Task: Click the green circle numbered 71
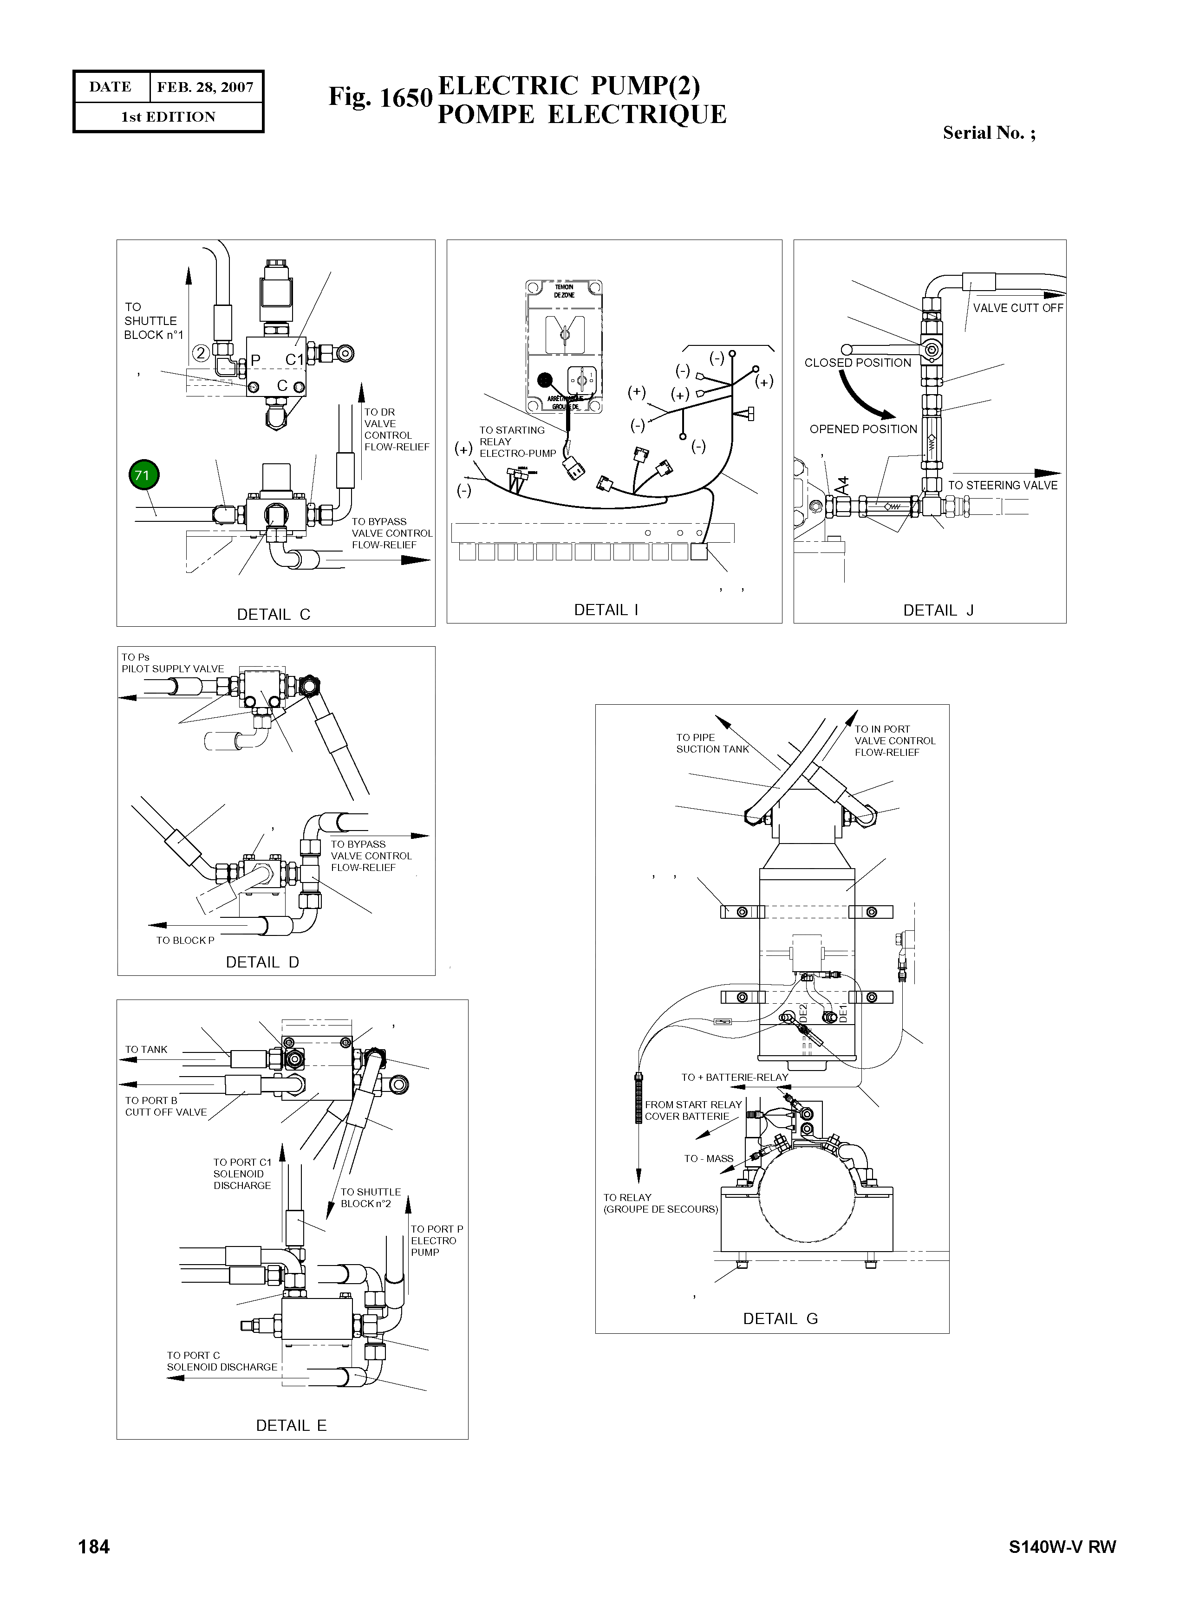[143, 475]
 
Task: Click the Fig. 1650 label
[380, 97]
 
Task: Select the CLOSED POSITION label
[857, 363]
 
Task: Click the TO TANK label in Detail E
[146, 1050]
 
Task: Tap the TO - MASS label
[709, 1159]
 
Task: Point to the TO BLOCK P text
[185, 941]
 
